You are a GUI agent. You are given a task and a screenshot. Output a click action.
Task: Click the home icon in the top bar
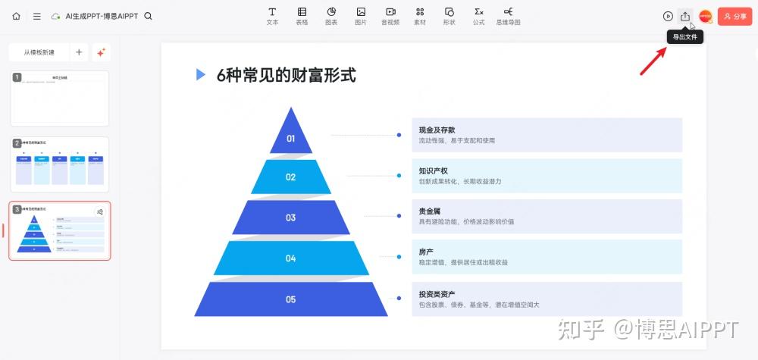point(16,16)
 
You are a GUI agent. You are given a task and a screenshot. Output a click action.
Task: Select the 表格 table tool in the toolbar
point(302,15)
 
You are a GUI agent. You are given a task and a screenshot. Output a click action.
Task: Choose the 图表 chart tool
point(331,15)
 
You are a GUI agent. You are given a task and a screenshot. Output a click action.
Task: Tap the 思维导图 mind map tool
point(508,15)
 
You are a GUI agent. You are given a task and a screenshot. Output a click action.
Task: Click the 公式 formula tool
point(478,15)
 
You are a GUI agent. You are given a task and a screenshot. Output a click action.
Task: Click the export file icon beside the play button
point(685,16)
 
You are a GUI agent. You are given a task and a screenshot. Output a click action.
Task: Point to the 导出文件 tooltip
point(685,36)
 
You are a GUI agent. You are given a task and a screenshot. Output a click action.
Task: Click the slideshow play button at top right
point(668,16)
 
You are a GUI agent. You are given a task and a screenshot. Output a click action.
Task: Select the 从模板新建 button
point(39,52)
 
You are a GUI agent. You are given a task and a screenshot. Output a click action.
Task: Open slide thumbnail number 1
point(60,98)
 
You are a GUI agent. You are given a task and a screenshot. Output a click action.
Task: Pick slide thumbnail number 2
point(60,164)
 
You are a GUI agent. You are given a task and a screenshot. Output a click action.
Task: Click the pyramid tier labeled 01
point(290,138)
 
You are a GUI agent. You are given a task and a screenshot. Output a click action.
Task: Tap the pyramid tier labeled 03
point(290,218)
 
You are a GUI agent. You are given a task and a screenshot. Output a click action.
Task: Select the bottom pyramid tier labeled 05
point(290,299)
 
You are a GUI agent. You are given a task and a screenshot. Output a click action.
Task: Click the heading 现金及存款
point(437,130)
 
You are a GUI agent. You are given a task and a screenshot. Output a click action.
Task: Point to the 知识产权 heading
point(434,171)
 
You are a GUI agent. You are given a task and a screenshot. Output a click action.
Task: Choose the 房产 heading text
point(426,252)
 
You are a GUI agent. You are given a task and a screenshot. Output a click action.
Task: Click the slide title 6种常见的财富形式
point(286,75)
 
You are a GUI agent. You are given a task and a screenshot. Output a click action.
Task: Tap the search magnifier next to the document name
point(148,16)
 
